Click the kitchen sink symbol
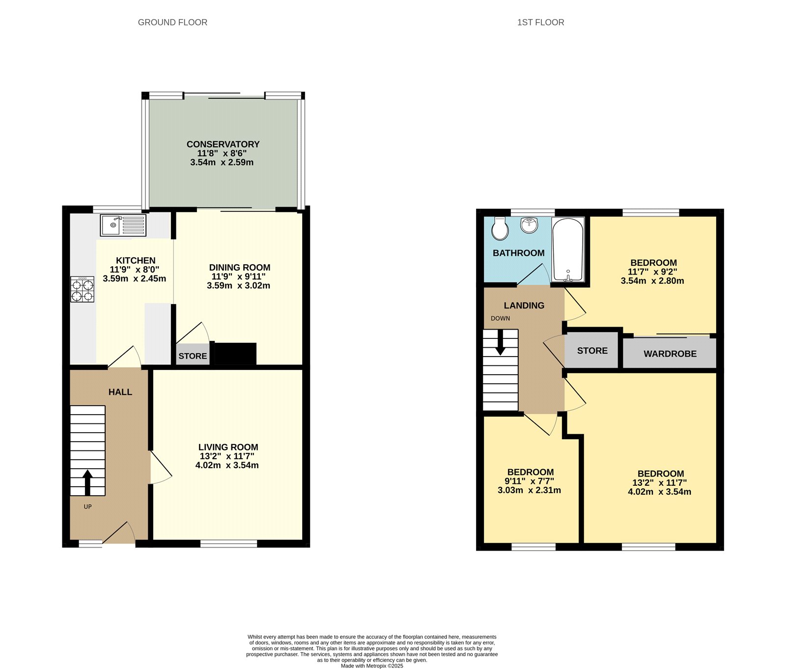coord(123,225)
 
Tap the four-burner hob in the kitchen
coord(83,289)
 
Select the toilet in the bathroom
coord(500,228)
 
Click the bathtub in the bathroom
coord(568,250)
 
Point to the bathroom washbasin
coord(530,225)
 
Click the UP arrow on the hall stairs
coord(87,482)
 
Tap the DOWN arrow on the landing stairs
coord(500,342)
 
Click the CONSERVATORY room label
coord(223,144)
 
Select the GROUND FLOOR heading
coord(172,22)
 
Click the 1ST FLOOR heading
coord(540,22)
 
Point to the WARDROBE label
coord(670,354)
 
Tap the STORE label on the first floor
coord(592,351)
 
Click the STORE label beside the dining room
coord(193,356)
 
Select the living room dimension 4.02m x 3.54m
coord(227,465)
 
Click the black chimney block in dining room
coord(236,354)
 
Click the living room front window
coord(228,543)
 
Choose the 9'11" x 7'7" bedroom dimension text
coord(529,481)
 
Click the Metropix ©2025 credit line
coord(372,666)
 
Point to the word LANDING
coord(524,306)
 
